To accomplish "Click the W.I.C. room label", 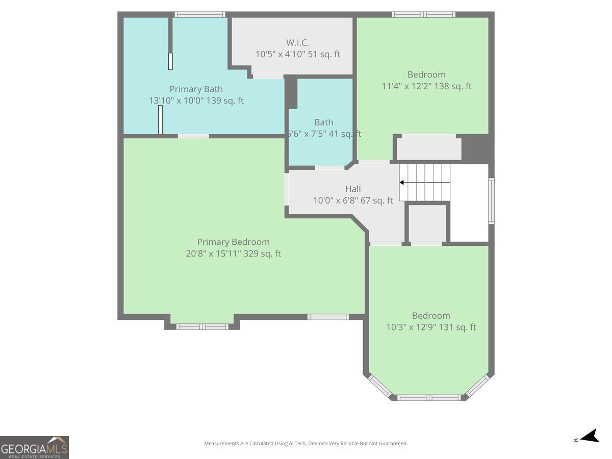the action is (297, 43).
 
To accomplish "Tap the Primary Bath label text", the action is (196, 89).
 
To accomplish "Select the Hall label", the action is (353, 189).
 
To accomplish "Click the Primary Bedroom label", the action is (234, 242).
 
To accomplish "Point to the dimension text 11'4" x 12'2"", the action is (406, 86).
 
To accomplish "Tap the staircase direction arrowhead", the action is (402, 183).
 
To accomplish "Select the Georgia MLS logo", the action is (34, 447).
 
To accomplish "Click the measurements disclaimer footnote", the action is (306, 443).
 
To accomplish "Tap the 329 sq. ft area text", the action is (262, 253).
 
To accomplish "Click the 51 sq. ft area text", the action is (324, 54).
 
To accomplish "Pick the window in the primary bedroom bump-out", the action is (202, 326).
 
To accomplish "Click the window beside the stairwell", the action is (492, 201).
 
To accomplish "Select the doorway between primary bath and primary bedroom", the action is (193, 136).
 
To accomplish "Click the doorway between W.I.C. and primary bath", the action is (268, 76).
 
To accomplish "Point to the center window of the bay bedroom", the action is (429, 398).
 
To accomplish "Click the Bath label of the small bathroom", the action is (324, 122).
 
